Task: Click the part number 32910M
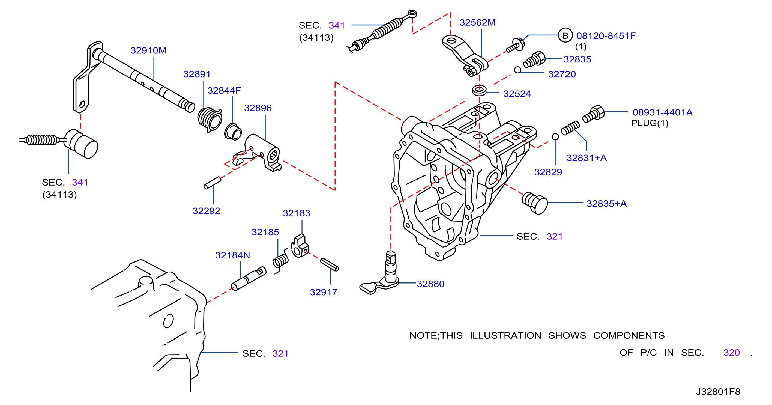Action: [148, 50]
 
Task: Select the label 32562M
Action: [477, 22]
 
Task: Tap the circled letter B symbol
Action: [565, 36]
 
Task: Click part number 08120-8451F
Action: [606, 36]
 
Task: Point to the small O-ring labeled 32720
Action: [517, 70]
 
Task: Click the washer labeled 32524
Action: [479, 90]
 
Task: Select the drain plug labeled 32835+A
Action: [535, 203]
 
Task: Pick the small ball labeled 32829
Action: [555, 137]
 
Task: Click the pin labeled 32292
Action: [212, 183]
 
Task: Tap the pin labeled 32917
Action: [329, 265]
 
